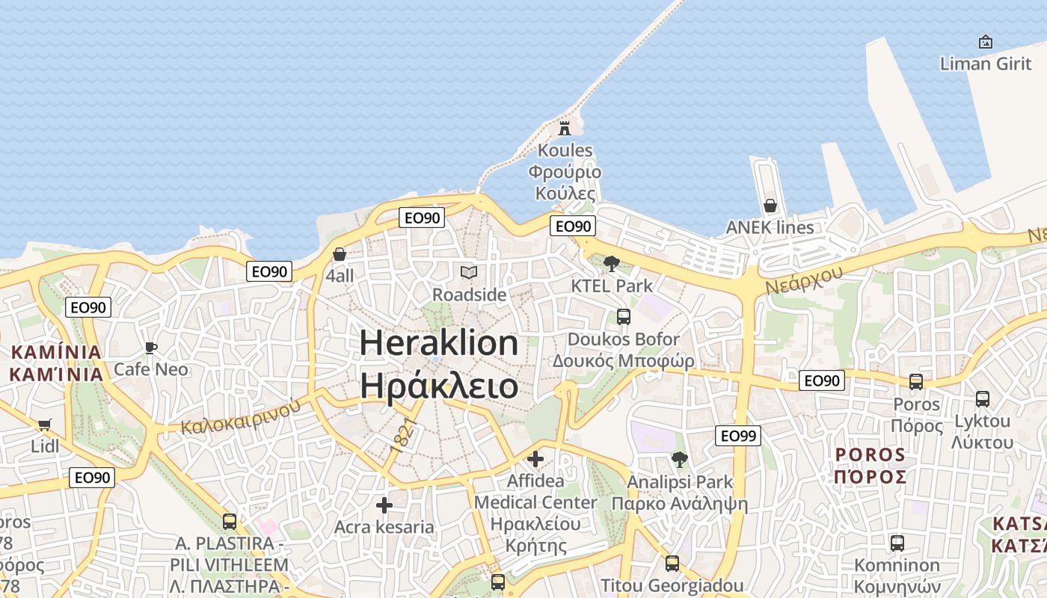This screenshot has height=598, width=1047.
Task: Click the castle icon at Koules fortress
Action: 565,127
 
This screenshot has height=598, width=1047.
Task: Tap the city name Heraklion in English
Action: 439,343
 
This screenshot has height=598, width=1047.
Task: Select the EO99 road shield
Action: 737,436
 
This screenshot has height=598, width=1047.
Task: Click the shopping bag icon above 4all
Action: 340,254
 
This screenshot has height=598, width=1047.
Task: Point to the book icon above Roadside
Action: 469,273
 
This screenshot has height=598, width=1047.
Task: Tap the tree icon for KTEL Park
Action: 611,263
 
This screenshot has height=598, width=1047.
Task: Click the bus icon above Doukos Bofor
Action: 623,317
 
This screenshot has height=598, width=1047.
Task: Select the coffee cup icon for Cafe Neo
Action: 150,348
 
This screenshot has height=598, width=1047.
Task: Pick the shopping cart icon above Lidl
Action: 45,425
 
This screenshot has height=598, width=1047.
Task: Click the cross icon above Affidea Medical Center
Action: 535,458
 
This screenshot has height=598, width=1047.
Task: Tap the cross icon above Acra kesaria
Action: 384,506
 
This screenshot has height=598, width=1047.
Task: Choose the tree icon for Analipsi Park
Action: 679,459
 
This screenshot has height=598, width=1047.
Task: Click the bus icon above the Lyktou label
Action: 982,399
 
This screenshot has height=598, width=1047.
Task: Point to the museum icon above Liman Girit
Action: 985,42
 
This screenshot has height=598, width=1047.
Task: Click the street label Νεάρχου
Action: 804,280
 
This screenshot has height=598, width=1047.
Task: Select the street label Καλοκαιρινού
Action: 241,416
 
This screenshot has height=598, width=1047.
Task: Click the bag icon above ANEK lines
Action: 770,206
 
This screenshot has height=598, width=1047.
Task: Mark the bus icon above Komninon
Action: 897,543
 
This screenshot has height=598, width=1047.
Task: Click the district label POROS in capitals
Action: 870,454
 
